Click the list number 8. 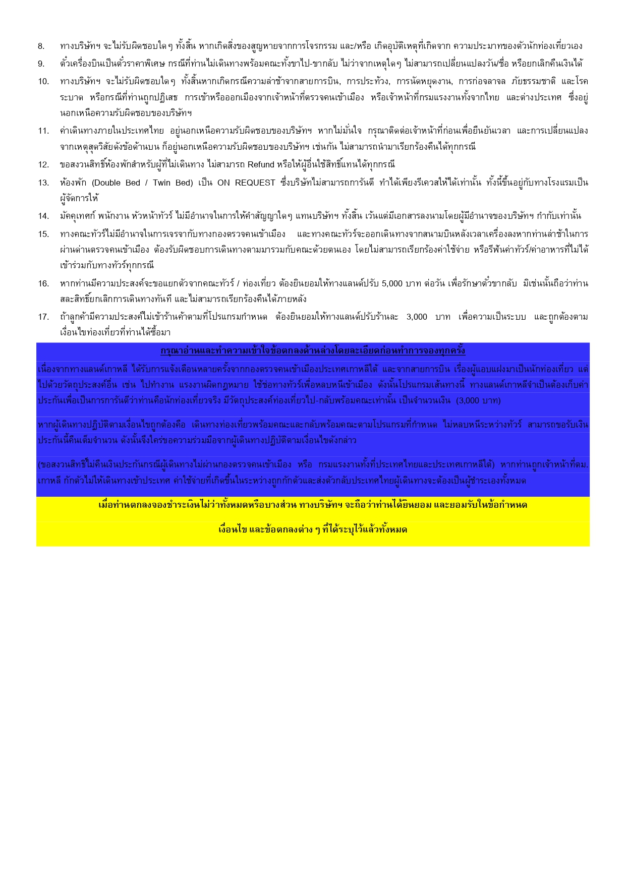pyautogui.click(x=41, y=46)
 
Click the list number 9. pyautogui.click(x=41, y=64)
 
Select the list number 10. pyautogui.click(x=43, y=82)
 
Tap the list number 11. pyautogui.click(x=43, y=131)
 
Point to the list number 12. pyautogui.click(x=43, y=165)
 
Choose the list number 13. pyautogui.click(x=43, y=183)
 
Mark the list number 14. pyautogui.click(x=43, y=216)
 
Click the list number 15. pyautogui.click(x=43, y=234)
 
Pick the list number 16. pyautogui.click(x=43, y=284)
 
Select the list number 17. pyautogui.click(x=43, y=317)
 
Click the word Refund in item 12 pyautogui.click(x=261, y=165)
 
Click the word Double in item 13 pyautogui.click(x=107, y=183)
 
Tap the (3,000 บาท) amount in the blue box pyautogui.click(x=478, y=401)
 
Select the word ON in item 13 pyautogui.click(x=223, y=183)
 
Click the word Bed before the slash pyautogui.click(x=133, y=183)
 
